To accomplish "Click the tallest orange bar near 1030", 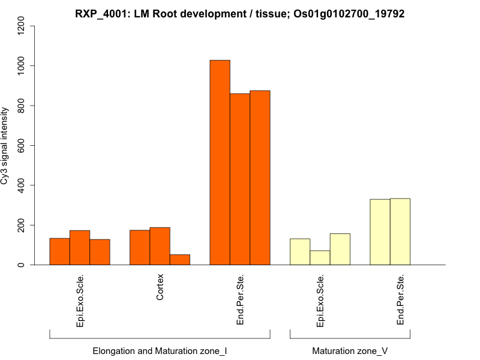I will tap(220, 162).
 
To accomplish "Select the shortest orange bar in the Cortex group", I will tap(180, 260).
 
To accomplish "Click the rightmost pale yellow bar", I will tap(400, 232).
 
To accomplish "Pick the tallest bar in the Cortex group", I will tap(160, 246).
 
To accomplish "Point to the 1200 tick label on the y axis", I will tap(22, 26).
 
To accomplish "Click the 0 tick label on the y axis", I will tap(22, 265).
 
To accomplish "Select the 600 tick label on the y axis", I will tap(22, 145).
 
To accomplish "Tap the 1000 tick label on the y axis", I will tap(22, 65).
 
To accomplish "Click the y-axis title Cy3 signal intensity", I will tap(5, 146).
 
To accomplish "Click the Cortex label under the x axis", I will tap(160, 289).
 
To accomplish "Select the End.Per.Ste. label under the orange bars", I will tap(240, 300).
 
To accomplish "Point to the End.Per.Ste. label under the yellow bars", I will tap(400, 300).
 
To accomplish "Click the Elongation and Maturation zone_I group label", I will tap(160, 350).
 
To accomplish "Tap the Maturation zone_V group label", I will tap(350, 350).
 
